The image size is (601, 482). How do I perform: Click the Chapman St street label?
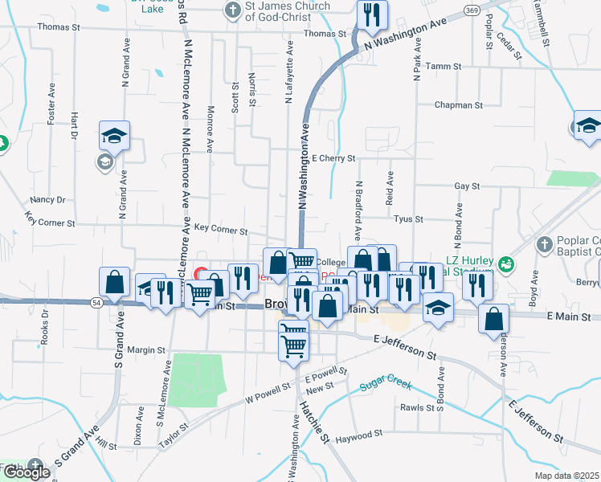[458, 105]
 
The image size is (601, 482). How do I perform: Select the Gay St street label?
[467, 186]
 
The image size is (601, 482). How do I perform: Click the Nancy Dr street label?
[47, 199]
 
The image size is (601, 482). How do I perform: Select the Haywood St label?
[359, 435]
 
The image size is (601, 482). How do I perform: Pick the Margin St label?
[145, 350]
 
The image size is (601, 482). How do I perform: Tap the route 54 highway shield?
[96, 301]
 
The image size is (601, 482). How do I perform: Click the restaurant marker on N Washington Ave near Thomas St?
[372, 15]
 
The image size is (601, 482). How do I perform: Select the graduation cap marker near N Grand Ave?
[115, 134]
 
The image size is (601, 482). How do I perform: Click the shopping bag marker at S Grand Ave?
[115, 282]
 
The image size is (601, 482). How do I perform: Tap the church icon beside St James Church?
[232, 10]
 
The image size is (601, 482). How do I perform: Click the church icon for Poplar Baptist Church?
[544, 243]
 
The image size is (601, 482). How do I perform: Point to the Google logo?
[27, 472]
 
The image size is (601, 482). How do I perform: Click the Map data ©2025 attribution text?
[566, 476]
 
